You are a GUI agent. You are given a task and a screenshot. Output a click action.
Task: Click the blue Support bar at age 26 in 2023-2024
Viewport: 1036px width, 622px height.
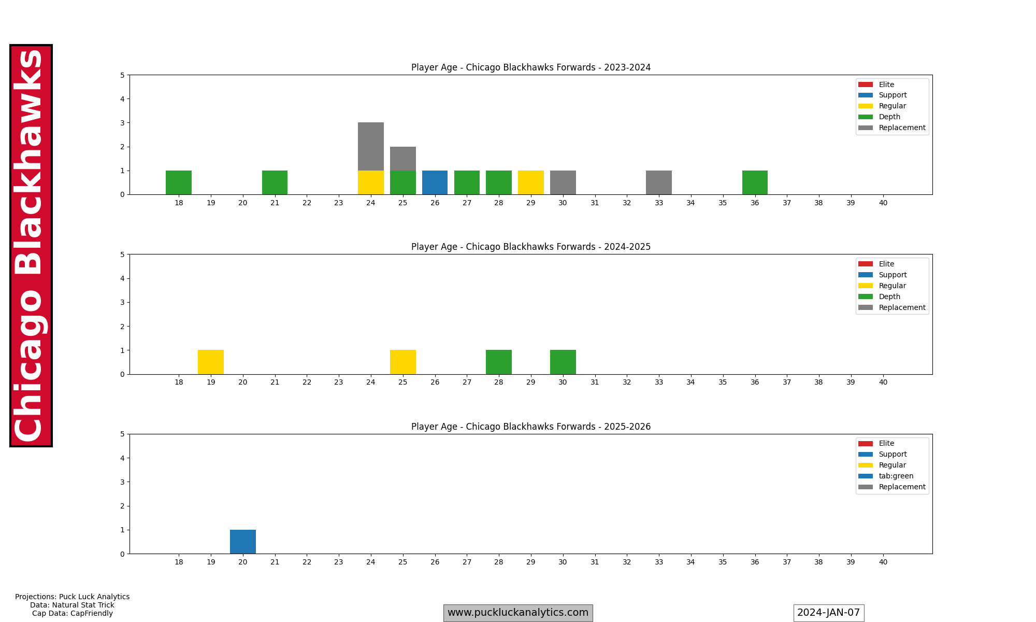coord(435,182)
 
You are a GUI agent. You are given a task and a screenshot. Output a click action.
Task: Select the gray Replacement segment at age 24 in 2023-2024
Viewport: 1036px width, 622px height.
coord(371,147)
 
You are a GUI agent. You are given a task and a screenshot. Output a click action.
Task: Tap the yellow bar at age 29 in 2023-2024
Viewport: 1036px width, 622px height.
coord(530,182)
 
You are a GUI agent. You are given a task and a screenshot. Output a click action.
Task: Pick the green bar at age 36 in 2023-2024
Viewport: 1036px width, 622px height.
coord(755,182)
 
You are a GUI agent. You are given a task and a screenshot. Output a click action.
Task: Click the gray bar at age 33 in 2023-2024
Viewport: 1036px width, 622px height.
coord(658,182)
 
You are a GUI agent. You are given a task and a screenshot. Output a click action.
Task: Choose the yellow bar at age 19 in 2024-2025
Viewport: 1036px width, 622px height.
coord(211,362)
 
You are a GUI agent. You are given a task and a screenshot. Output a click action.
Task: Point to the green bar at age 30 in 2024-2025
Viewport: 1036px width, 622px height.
coord(563,362)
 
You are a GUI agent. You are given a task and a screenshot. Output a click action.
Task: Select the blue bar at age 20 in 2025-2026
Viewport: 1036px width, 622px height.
coord(243,542)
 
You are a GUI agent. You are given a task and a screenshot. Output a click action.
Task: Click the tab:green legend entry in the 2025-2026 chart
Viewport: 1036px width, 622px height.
coord(896,476)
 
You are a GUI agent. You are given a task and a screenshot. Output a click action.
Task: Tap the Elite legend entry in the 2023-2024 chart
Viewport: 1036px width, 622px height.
coord(886,84)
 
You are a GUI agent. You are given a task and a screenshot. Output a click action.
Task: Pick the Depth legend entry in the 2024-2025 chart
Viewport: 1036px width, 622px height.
coord(889,296)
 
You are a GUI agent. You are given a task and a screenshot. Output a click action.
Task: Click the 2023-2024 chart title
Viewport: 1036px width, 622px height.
coord(530,67)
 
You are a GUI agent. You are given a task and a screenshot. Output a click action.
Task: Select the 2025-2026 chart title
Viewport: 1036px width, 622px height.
coord(530,427)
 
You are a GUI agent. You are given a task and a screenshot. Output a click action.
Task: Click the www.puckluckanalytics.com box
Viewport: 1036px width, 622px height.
coord(517,613)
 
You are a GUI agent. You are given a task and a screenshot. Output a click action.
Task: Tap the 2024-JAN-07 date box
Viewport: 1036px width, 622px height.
coord(828,613)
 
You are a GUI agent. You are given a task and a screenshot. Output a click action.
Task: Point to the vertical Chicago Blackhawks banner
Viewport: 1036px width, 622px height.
coord(31,245)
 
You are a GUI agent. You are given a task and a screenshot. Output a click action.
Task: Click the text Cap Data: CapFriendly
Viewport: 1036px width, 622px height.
coord(72,614)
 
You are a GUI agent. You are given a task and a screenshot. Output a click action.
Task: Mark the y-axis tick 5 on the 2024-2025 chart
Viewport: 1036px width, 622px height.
coord(122,255)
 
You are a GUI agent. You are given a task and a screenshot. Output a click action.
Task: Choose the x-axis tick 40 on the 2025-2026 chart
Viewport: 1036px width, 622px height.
coord(883,562)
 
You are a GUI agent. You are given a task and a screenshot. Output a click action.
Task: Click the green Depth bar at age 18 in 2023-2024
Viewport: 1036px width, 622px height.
coord(179,182)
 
